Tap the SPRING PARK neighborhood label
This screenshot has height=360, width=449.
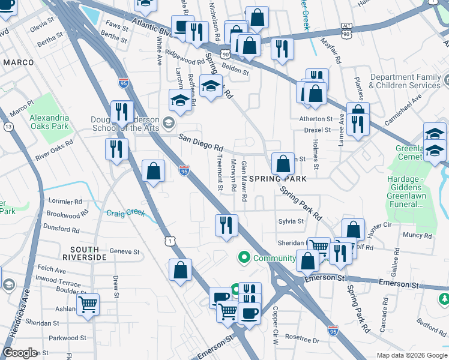(x=278, y=179)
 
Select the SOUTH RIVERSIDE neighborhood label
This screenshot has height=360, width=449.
(x=88, y=253)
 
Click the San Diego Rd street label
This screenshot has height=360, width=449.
(x=201, y=143)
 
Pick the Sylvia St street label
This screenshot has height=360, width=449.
(x=291, y=221)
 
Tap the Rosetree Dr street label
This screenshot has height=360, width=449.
(x=302, y=340)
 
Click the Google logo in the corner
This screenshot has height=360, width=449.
(x=20, y=353)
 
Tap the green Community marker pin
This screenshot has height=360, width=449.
(x=244, y=258)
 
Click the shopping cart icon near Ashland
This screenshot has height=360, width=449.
(x=88, y=304)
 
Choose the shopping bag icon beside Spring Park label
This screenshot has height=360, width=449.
(x=282, y=163)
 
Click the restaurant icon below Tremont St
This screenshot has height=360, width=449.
(x=226, y=226)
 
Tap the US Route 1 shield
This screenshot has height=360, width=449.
(x=170, y=240)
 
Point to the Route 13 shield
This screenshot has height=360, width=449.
(x=8, y=127)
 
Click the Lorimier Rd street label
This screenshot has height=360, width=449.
(x=65, y=202)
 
